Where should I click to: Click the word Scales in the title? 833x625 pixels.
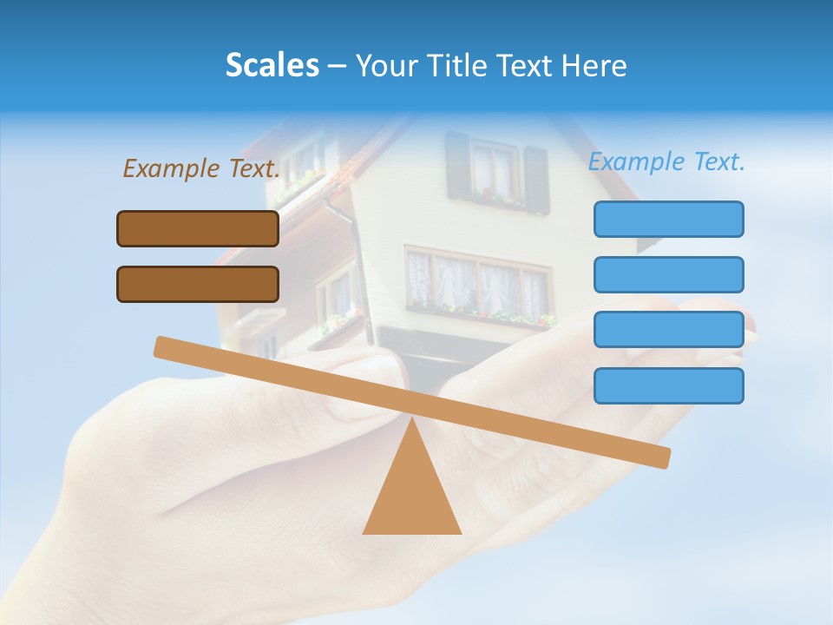272,66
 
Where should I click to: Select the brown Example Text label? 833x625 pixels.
201,168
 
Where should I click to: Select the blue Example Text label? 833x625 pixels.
666,161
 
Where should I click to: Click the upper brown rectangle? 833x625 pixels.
198,228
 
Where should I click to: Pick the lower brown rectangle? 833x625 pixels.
198,284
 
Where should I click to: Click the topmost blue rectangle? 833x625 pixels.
668,219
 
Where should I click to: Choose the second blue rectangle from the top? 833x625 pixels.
668,274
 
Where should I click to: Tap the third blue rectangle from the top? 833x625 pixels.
668,330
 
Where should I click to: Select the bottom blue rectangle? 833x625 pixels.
668,385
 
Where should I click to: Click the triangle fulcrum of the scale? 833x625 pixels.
411,495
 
